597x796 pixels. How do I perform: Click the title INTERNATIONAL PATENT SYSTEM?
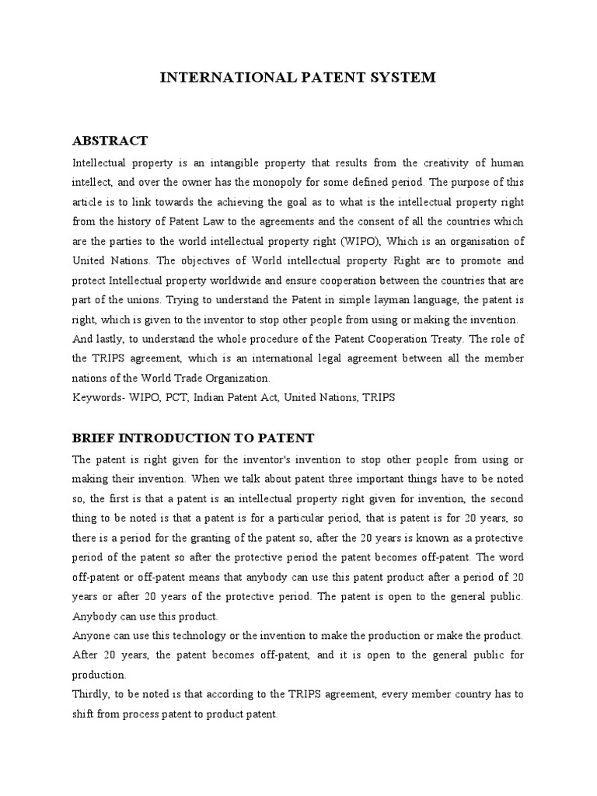pos(298,77)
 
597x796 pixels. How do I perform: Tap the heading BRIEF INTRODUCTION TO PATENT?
pos(193,438)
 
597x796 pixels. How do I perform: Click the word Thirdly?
pos(93,695)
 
